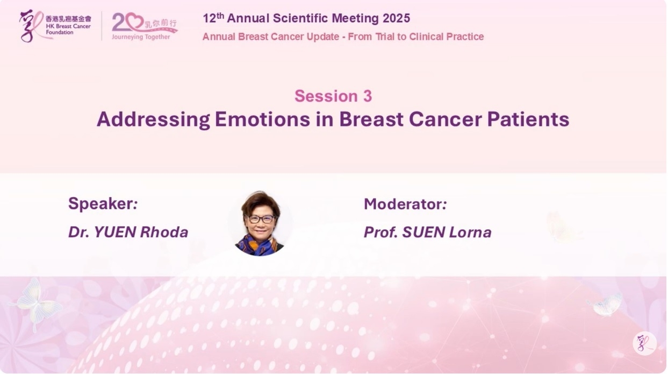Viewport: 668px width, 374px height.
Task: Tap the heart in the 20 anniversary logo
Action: [134, 21]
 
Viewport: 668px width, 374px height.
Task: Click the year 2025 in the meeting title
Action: [396, 18]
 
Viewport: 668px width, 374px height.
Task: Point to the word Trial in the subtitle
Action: [385, 37]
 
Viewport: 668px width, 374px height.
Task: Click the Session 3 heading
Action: [333, 96]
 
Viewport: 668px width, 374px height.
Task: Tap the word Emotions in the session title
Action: [262, 119]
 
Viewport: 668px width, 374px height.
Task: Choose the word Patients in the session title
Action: [528, 119]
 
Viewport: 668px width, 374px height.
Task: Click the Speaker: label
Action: [103, 204]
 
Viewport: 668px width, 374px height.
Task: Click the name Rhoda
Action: [164, 232]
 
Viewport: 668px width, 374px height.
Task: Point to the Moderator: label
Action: [405, 204]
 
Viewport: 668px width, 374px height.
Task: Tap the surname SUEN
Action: [423, 232]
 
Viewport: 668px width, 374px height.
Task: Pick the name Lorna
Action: [470, 232]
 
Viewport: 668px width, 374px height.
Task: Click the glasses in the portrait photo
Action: [261, 219]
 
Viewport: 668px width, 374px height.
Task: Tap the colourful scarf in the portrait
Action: [259, 245]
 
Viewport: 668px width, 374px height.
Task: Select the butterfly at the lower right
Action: [605, 304]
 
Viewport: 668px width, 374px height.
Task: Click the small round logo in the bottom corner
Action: [644, 343]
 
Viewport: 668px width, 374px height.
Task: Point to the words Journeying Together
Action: [141, 37]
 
